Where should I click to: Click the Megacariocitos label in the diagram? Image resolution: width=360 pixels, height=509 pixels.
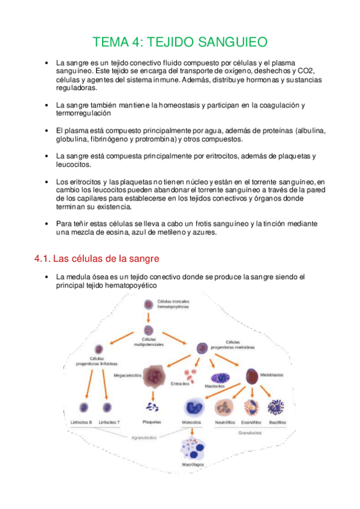tap(127, 375)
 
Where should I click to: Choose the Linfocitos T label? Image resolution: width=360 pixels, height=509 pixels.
tap(109, 423)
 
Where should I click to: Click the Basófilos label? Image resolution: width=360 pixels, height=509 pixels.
tap(277, 423)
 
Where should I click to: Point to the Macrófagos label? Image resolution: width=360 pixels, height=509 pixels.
tap(193, 465)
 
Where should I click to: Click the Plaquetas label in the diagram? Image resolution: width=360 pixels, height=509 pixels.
tap(151, 423)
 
